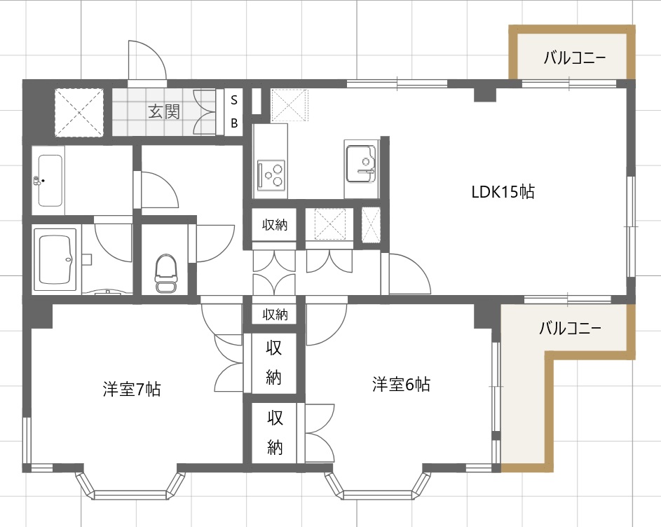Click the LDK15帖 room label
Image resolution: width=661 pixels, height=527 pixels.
click(503, 191)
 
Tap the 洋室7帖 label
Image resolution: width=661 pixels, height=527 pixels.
click(132, 390)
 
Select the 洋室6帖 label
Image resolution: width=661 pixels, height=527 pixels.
click(401, 384)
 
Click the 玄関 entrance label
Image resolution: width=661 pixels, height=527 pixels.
click(163, 111)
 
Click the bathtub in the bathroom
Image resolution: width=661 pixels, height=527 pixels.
click(56, 260)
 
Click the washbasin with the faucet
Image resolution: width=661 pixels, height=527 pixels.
click(49, 181)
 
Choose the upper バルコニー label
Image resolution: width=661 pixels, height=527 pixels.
click(573, 57)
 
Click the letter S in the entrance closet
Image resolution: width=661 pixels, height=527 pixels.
click(235, 99)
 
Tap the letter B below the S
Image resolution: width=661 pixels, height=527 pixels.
click(235, 123)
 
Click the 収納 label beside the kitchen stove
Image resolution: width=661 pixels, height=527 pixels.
click(274, 225)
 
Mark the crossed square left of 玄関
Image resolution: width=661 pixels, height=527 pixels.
click(79, 112)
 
